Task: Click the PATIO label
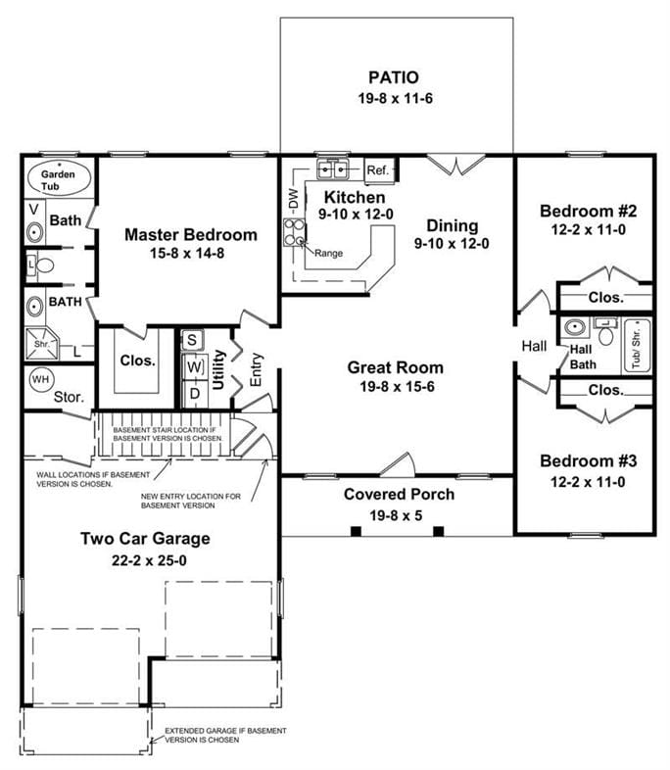[x=394, y=76]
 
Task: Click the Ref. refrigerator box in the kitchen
[x=378, y=170]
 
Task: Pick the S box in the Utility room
[x=192, y=341]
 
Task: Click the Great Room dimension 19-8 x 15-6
[x=395, y=387]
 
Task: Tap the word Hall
[x=534, y=346]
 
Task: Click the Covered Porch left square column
[x=356, y=531]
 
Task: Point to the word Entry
[x=256, y=368]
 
